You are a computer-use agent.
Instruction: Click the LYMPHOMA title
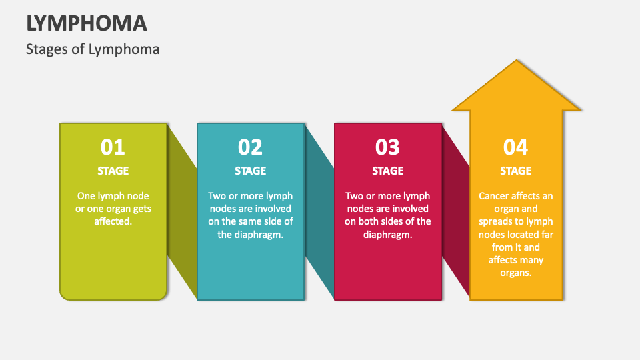pyautogui.click(x=87, y=23)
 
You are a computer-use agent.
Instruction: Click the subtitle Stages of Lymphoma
pyautogui.click(x=93, y=49)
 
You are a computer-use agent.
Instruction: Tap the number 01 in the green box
pyautogui.click(x=113, y=147)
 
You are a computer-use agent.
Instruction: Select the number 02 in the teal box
pyautogui.click(x=250, y=147)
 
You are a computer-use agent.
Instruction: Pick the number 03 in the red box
pyautogui.click(x=387, y=147)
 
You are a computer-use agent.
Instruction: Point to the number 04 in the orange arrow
pyautogui.click(x=515, y=147)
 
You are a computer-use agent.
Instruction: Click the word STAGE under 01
pyautogui.click(x=113, y=171)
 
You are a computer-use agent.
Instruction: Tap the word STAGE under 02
pyautogui.click(x=250, y=171)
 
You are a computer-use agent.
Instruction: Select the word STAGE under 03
pyautogui.click(x=388, y=171)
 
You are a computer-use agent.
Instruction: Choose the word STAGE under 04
pyautogui.click(x=516, y=171)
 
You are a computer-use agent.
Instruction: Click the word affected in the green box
pyautogui.click(x=113, y=221)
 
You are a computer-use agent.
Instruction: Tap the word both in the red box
pyautogui.click(x=369, y=221)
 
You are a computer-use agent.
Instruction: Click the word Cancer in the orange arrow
pyautogui.click(x=493, y=196)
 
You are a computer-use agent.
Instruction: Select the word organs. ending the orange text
pyautogui.click(x=516, y=273)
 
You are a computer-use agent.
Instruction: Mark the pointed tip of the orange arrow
pyautogui.click(x=516, y=61)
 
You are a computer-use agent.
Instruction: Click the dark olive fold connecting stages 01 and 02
pyautogui.click(x=182, y=211)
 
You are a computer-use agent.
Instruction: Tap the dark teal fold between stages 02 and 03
pyautogui.click(x=319, y=211)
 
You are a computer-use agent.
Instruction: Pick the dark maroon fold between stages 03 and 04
pyautogui.click(x=456, y=211)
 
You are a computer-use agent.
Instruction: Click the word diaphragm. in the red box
pyautogui.click(x=388, y=235)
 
